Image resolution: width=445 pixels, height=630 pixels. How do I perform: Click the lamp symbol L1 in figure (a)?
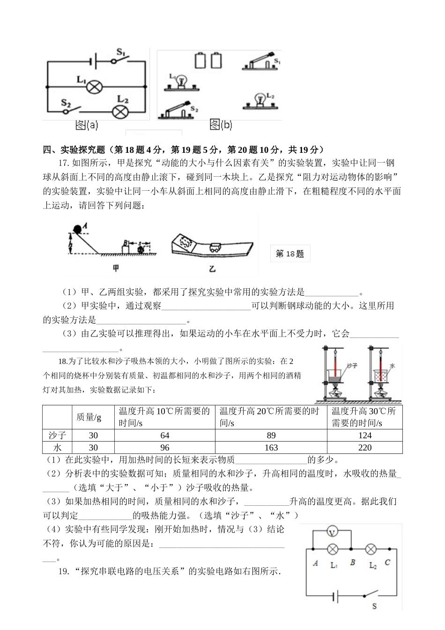click(x=96, y=86)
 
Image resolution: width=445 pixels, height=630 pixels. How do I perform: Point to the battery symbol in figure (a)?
click(x=94, y=60)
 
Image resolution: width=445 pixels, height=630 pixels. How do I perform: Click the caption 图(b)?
click(x=221, y=125)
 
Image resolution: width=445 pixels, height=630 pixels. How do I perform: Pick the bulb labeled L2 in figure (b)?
click(x=258, y=101)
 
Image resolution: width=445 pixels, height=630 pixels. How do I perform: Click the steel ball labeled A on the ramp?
click(x=77, y=229)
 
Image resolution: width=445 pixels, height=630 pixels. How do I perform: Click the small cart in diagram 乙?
click(x=216, y=248)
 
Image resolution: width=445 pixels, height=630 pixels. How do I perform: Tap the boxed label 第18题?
click(x=290, y=254)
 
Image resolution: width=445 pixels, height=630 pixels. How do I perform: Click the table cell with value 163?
click(x=271, y=448)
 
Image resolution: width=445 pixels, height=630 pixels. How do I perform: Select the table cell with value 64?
click(x=164, y=435)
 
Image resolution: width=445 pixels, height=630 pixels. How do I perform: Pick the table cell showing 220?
click(x=364, y=448)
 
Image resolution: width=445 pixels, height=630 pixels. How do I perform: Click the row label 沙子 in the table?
click(x=57, y=435)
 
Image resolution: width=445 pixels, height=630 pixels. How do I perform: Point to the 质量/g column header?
click(x=89, y=417)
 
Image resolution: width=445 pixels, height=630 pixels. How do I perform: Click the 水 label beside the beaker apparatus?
click(x=393, y=364)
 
